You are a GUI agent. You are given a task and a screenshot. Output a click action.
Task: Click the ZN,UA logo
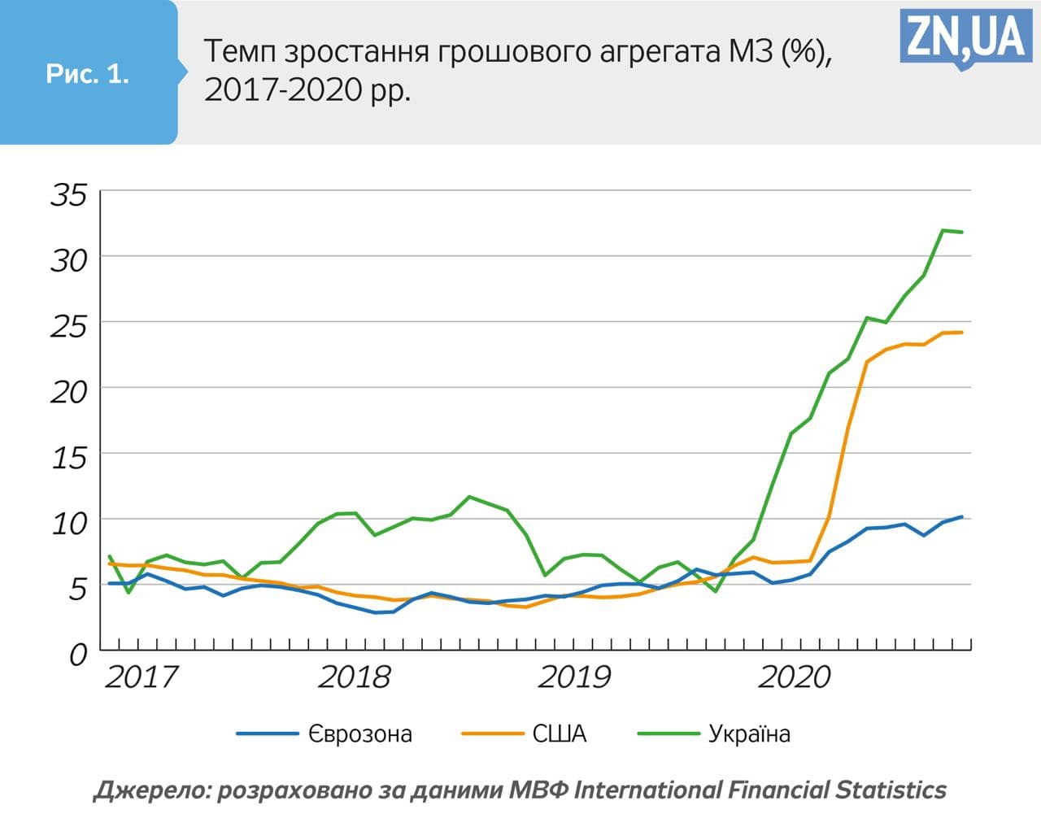point(965,37)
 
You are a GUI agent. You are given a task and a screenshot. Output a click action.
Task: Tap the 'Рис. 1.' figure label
point(88,74)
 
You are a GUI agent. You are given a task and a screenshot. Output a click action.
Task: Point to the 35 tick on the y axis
point(68,195)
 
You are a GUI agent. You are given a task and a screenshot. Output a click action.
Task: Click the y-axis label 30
point(68,260)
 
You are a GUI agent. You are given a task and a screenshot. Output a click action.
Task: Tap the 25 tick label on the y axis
point(68,326)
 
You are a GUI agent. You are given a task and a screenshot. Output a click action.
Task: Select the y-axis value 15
point(68,458)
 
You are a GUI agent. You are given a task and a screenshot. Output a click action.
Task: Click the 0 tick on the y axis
point(78,655)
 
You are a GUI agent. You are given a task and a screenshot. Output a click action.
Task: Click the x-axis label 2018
point(355,677)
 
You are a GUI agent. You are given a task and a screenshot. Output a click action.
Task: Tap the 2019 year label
point(574,677)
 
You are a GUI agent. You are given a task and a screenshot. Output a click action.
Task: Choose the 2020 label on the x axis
point(795,677)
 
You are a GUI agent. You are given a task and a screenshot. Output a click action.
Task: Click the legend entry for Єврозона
point(360,734)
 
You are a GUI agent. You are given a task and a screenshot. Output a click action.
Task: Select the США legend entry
point(560,734)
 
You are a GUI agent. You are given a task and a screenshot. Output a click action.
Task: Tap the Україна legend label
point(749,734)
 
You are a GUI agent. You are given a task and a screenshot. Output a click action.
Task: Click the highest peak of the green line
point(943,230)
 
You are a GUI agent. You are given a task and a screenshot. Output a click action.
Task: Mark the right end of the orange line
point(962,333)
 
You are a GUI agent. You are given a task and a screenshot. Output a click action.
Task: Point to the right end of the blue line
point(962,517)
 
